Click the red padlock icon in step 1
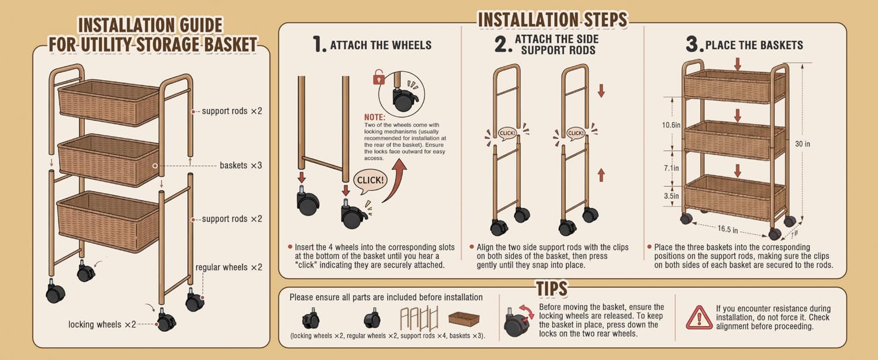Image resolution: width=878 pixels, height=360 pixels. [x=378, y=77]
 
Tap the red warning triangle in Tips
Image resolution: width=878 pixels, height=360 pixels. [x=699, y=317]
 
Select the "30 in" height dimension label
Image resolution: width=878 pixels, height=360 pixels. [x=802, y=144]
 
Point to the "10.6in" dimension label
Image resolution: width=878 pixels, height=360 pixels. [x=671, y=125]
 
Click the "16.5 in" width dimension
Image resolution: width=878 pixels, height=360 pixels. [x=727, y=229]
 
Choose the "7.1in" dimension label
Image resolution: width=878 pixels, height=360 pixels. [x=671, y=168]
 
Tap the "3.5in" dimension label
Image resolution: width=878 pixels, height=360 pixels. [x=671, y=196]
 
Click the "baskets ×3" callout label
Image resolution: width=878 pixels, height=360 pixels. [x=240, y=166]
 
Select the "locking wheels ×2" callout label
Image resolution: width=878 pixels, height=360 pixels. [x=102, y=325]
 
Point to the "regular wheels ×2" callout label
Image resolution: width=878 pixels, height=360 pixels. [x=229, y=268]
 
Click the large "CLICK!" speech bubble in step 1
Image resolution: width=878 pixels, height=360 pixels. [x=370, y=181]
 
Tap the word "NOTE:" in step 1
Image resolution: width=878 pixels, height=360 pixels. [x=375, y=117]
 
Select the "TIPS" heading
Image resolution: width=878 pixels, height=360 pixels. [x=552, y=289]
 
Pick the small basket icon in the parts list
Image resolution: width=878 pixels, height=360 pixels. [x=464, y=319]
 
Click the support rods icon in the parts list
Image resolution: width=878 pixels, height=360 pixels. [x=419, y=318]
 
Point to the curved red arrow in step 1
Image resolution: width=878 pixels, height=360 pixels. [x=395, y=181]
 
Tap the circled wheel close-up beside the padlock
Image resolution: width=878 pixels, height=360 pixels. [x=401, y=94]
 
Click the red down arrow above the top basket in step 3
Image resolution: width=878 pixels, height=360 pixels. [x=738, y=64]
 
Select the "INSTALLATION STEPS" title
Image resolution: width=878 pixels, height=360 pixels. [x=553, y=20]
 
